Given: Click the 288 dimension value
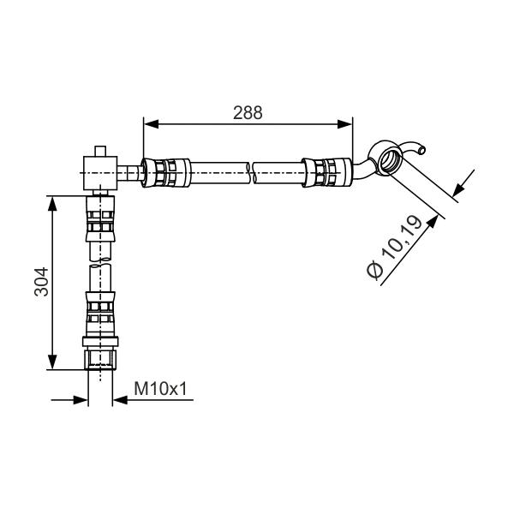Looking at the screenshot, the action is point(248,113).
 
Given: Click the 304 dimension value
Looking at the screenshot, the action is point(41,282).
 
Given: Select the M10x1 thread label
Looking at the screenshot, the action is point(161,389).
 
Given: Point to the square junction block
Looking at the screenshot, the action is point(100,173).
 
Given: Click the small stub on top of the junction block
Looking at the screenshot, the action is point(100,151).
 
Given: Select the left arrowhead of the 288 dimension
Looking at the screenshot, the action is point(151,124).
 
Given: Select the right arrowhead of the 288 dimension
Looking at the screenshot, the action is point(345,124).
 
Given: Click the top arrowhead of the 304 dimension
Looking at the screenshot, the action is point(52,204).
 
